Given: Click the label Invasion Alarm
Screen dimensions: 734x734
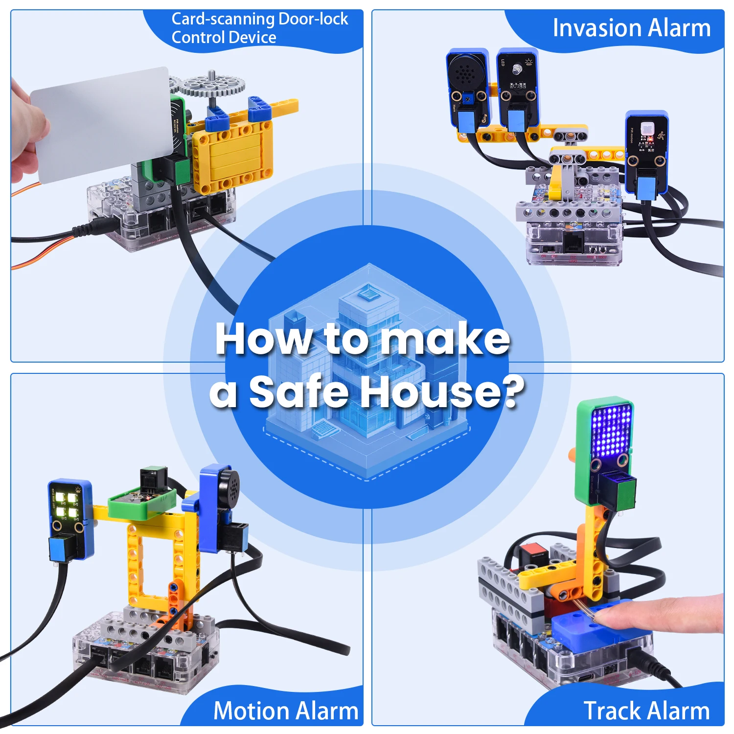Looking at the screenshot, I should click(631, 28).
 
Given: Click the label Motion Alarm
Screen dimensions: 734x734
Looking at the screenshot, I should click(286, 711).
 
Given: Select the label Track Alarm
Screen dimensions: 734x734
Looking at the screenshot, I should click(646, 711).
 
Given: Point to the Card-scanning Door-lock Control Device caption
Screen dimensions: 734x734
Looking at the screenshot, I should click(259, 28).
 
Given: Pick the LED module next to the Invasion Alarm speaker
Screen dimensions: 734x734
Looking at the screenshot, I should click(518, 78).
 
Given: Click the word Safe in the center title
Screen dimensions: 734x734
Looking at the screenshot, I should click(298, 391).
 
